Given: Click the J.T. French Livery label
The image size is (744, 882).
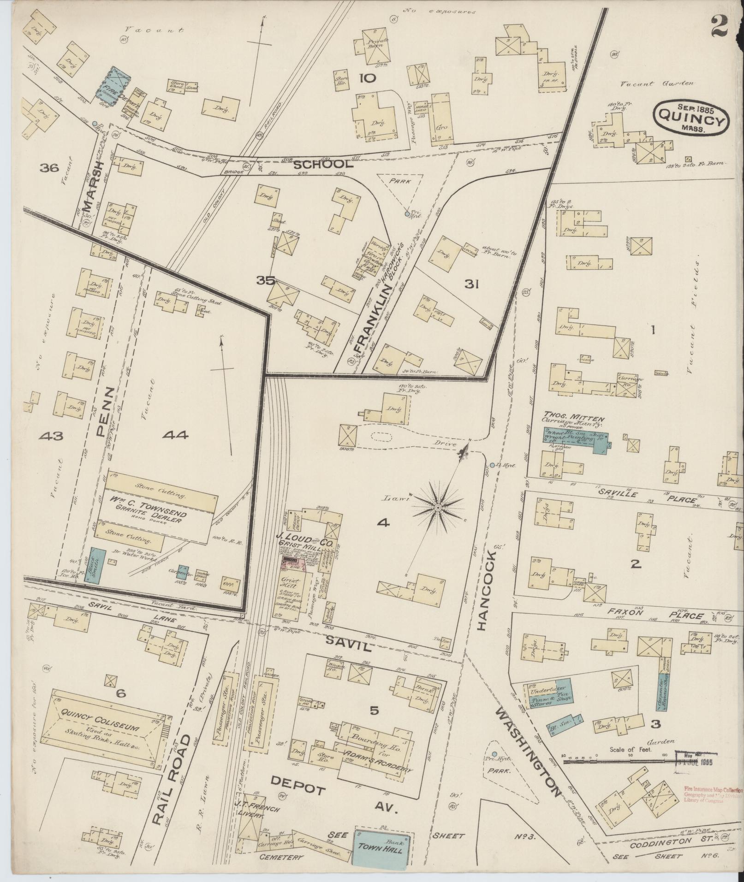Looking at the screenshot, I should click(x=249, y=815).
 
